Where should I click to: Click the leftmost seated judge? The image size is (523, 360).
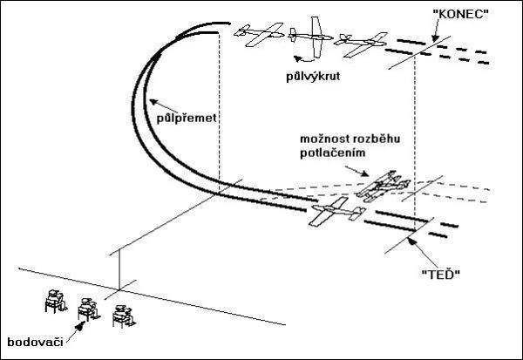pyautogui.click(x=54, y=302)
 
